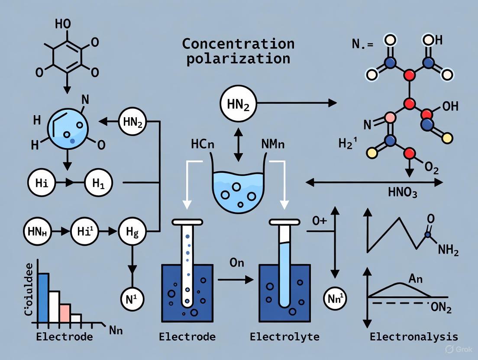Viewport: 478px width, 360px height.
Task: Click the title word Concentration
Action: click(x=238, y=44)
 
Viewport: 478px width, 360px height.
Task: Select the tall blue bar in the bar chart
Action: click(x=43, y=299)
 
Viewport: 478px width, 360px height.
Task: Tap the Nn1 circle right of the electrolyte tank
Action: click(x=336, y=298)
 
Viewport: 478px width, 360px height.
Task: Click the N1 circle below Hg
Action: click(x=132, y=299)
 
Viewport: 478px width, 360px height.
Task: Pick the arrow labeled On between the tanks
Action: click(x=236, y=280)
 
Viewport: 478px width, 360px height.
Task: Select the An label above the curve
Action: click(x=415, y=279)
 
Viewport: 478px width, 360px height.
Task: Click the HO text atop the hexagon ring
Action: click(x=63, y=24)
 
